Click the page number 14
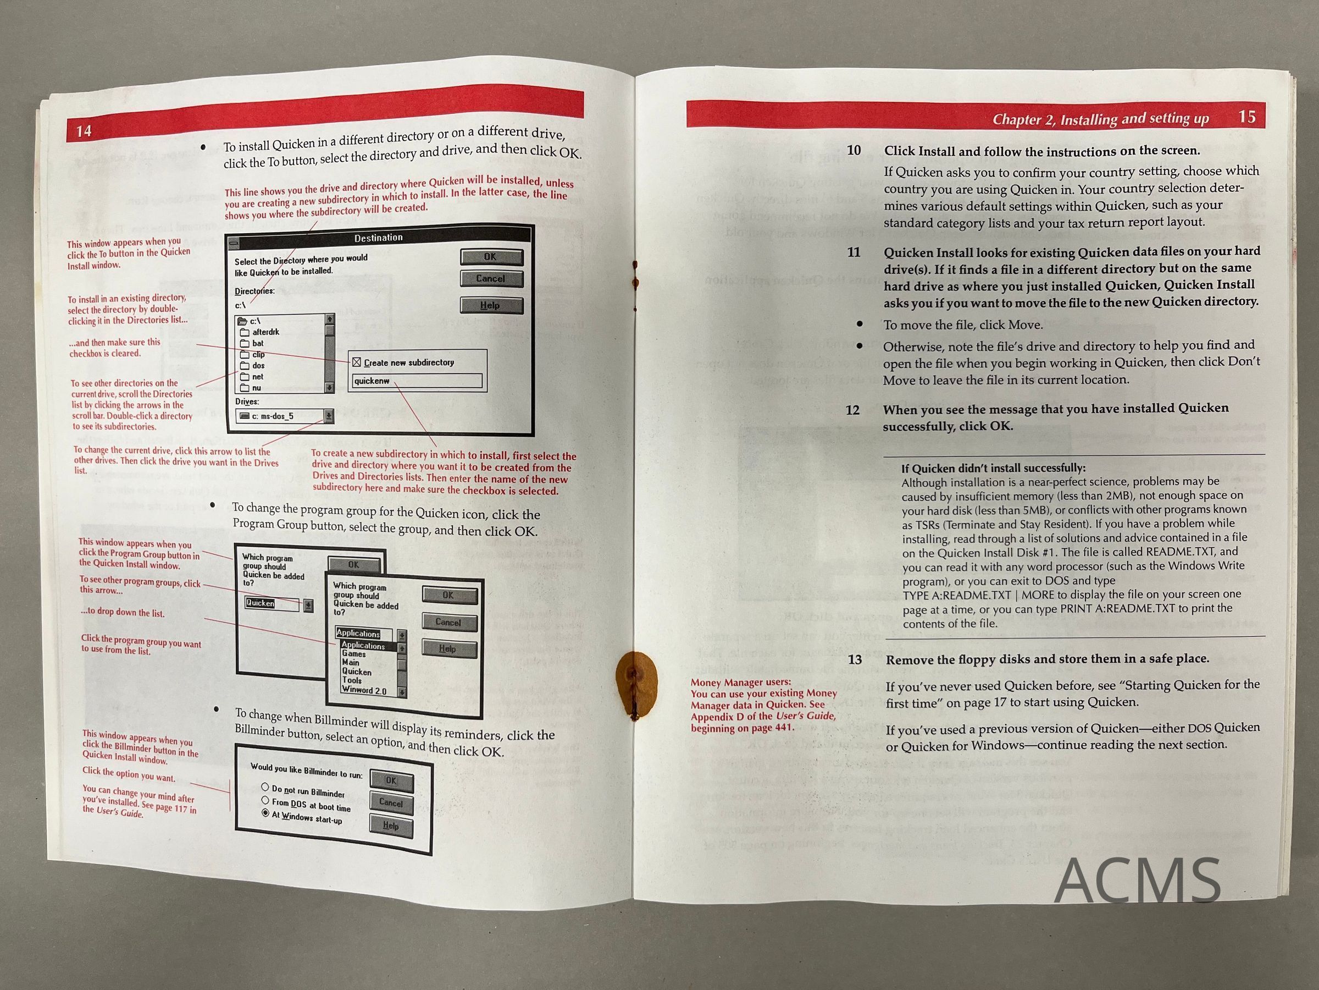click(x=84, y=131)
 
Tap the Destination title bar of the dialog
click(x=379, y=238)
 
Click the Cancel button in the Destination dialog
click(x=491, y=279)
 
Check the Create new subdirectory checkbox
click(x=357, y=362)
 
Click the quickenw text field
click(x=417, y=381)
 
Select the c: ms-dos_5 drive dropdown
click(x=285, y=416)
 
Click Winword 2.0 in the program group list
click(x=364, y=690)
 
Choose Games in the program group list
click(x=353, y=654)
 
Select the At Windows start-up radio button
click(x=265, y=813)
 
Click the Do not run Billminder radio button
click(x=265, y=787)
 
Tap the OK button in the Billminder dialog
click(x=391, y=780)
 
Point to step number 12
click(x=853, y=410)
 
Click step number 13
click(x=855, y=659)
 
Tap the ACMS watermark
click(x=1138, y=880)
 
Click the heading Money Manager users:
click(x=741, y=682)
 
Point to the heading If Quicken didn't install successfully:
click(x=993, y=468)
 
